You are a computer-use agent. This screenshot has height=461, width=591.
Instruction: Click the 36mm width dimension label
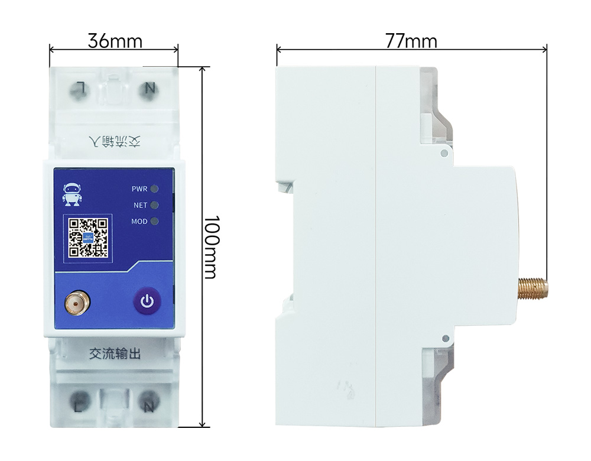[115, 41]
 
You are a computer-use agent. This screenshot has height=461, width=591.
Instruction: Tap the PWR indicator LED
[155, 189]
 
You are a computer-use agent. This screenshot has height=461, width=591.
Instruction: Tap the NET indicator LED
[155, 205]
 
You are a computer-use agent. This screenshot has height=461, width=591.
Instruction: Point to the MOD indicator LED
[155, 222]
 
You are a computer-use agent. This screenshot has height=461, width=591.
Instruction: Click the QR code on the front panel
[87, 238]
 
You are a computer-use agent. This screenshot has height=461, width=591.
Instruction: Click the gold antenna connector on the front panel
[77, 304]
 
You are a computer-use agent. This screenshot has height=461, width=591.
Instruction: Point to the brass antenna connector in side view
[533, 288]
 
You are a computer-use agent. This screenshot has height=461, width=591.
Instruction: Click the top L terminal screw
[79, 89]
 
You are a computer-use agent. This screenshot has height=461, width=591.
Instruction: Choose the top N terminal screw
[150, 89]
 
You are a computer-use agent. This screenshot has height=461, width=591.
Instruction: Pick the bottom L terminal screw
[79, 405]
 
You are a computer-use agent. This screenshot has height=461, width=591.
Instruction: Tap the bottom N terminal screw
[150, 405]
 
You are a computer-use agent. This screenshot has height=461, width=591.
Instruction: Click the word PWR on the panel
[139, 189]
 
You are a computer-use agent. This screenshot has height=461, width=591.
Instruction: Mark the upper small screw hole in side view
[444, 152]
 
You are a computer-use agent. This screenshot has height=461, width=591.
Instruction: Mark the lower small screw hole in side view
[444, 338]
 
